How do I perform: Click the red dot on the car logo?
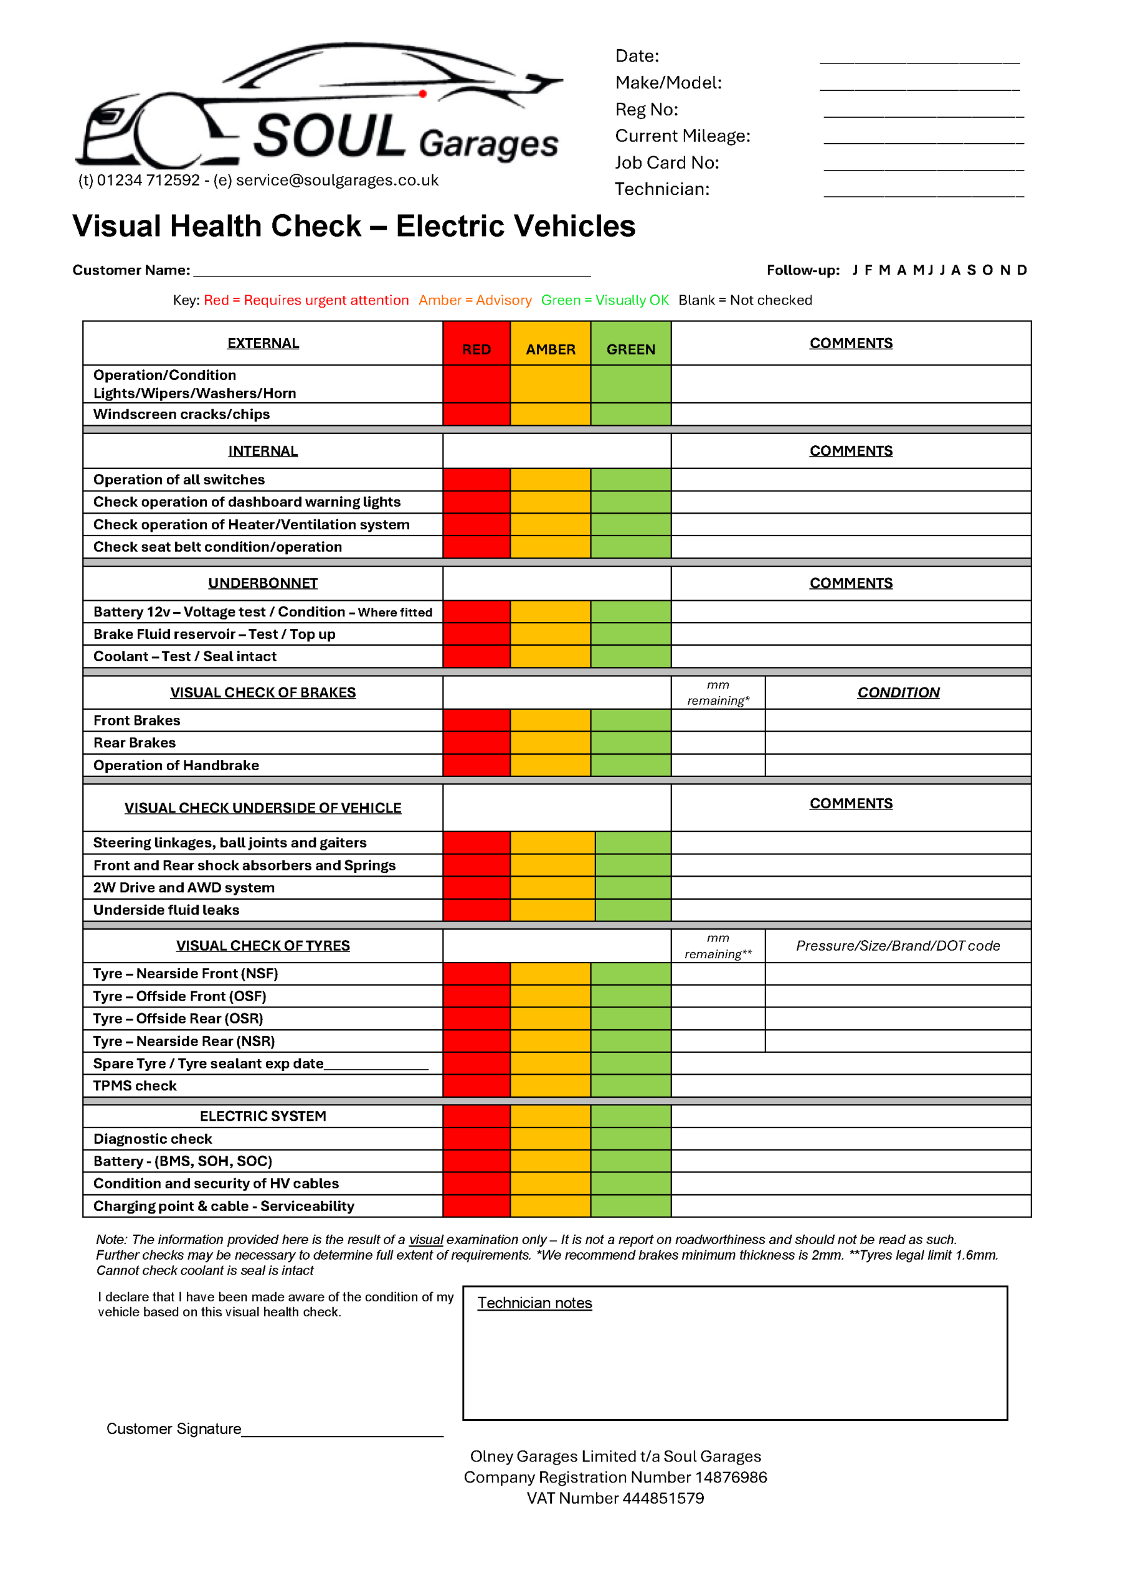click(422, 93)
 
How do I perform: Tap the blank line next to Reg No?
click(923, 114)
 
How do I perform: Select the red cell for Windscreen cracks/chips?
click(476, 415)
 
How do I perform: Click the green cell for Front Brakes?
click(631, 720)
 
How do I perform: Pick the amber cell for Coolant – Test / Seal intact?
click(550, 657)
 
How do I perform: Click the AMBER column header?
click(550, 349)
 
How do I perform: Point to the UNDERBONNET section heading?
click(263, 583)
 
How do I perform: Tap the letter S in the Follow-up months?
click(971, 270)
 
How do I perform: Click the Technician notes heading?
click(534, 1303)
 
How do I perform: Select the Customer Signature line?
click(342, 1433)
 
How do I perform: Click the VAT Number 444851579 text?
click(615, 1498)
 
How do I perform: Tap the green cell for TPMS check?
click(631, 1086)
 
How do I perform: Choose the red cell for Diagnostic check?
click(476, 1139)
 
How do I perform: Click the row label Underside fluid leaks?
click(166, 910)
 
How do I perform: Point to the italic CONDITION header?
click(898, 693)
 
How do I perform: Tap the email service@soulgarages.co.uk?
click(337, 181)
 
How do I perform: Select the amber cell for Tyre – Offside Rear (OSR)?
click(550, 1019)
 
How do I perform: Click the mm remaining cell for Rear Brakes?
click(718, 743)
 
